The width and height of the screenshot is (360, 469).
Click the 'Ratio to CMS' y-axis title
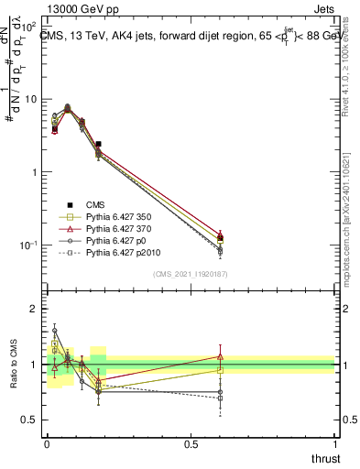click(13, 364)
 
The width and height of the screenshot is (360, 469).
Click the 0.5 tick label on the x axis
click(191, 442)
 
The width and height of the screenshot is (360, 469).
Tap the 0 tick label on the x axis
click(47, 442)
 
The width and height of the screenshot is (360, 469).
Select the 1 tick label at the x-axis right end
click(334, 442)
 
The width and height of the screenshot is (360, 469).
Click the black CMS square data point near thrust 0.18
click(98, 144)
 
